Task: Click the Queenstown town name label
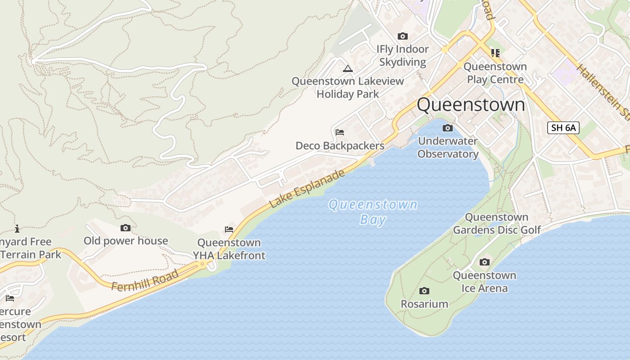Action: [x=471, y=105]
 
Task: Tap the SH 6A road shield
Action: [x=563, y=127]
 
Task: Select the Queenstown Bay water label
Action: [x=373, y=212]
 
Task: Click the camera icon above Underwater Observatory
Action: [x=448, y=128]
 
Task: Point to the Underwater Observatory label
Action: [x=448, y=148]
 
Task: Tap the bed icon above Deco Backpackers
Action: [x=340, y=132]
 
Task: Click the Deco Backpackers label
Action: [x=340, y=146]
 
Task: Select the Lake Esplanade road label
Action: [x=307, y=189]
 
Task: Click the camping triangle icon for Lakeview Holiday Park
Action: [x=347, y=69]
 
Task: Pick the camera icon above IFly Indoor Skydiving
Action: [x=403, y=36]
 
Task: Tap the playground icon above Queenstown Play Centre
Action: [x=495, y=53]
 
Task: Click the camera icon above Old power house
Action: [x=126, y=228]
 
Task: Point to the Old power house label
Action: [x=126, y=241]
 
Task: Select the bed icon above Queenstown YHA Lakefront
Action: [x=229, y=229]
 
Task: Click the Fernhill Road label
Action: [x=145, y=280]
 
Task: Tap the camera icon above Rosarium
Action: [x=424, y=291]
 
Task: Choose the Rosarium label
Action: [x=424, y=304]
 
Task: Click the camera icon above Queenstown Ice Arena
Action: [x=485, y=262]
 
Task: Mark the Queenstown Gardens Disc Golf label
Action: [x=497, y=224]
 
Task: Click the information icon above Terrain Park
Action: [x=17, y=229]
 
